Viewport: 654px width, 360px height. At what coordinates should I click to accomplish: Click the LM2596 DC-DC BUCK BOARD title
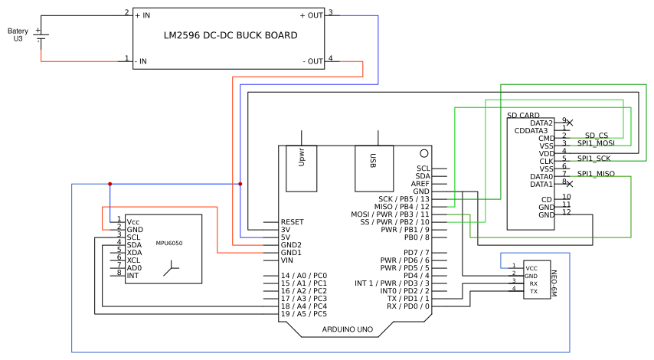coord(231,36)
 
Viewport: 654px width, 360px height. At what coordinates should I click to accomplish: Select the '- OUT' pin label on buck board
coord(314,61)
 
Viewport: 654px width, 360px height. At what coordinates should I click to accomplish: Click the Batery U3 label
coord(18,34)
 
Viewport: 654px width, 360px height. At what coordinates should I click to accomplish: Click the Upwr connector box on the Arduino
coord(302,169)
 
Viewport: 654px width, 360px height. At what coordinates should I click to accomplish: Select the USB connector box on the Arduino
coord(373,169)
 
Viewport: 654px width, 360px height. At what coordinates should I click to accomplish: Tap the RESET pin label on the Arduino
coord(292,222)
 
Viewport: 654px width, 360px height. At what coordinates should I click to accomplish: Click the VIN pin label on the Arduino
coord(287,260)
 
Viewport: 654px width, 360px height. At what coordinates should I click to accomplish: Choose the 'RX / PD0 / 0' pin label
coord(408,306)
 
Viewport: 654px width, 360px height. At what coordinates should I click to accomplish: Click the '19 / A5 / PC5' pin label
coord(304,314)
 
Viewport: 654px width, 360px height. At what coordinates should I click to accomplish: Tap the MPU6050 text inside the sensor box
coord(169,243)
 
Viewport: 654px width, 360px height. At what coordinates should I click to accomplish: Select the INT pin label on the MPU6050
coord(132,274)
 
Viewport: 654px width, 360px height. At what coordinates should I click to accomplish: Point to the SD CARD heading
coord(523,115)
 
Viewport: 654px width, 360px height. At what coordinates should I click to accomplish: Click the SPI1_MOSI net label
coord(596,142)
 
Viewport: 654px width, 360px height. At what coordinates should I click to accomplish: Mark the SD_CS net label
coord(596,135)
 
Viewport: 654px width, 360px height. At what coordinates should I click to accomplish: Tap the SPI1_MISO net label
coord(596,173)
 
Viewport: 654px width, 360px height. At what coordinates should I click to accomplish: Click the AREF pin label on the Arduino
coord(420,184)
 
